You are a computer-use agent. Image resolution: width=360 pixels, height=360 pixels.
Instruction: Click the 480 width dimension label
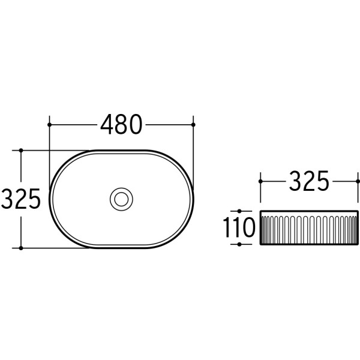121,124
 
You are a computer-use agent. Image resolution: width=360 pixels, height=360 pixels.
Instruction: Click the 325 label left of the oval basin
20,199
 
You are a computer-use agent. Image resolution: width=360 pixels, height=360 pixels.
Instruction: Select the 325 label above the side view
309,181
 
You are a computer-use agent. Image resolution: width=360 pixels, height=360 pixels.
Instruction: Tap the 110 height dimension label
239,227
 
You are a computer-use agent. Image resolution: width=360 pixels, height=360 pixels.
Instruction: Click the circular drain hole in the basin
121,199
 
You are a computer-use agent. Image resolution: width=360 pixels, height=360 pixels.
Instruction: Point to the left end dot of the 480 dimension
49,125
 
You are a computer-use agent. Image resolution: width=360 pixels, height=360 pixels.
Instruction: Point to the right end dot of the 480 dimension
193,125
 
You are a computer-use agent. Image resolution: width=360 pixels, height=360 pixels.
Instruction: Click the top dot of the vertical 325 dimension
21,151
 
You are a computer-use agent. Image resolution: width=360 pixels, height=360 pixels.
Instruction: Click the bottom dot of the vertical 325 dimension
21,248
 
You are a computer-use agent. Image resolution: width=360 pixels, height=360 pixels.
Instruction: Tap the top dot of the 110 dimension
239,211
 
